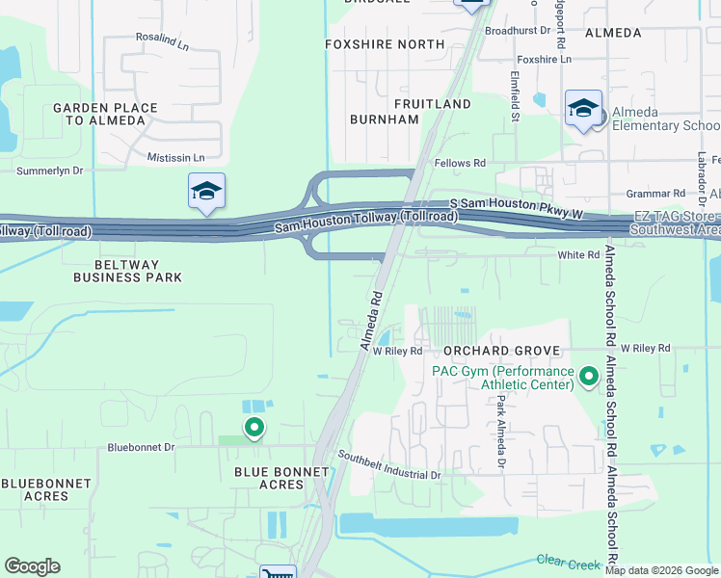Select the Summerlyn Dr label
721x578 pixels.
pos(50,171)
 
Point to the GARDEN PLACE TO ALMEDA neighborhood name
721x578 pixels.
pos(99,114)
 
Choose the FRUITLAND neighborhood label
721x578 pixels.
pos(432,103)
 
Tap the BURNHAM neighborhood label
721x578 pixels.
pos(385,119)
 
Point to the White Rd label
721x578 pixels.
pos(579,254)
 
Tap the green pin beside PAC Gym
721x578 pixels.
pos(588,375)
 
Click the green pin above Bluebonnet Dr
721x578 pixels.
pos(254,426)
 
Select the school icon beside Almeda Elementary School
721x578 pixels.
pos(583,109)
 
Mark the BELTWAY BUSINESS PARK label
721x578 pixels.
pos(128,270)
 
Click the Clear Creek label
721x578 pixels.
pos(563,559)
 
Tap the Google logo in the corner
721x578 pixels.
pos(32,566)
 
